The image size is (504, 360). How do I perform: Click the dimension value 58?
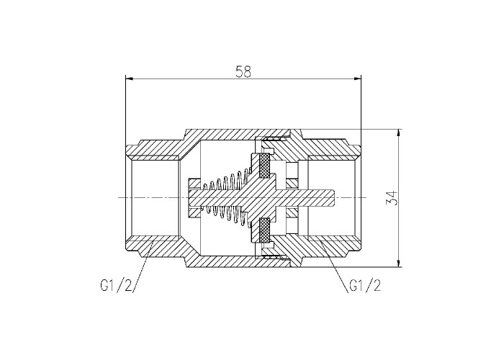click(243, 71)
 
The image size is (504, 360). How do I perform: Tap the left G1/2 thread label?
click(117, 285)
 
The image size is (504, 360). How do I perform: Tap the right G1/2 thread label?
click(365, 285)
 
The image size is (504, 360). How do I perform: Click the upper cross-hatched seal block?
click(264, 166)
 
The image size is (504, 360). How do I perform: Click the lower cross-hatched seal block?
click(264, 230)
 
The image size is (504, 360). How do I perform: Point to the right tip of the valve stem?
click(336, 197)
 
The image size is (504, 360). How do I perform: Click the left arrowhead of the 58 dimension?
click(129, 78)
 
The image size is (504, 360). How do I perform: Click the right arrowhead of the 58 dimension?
click(357, 78)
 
